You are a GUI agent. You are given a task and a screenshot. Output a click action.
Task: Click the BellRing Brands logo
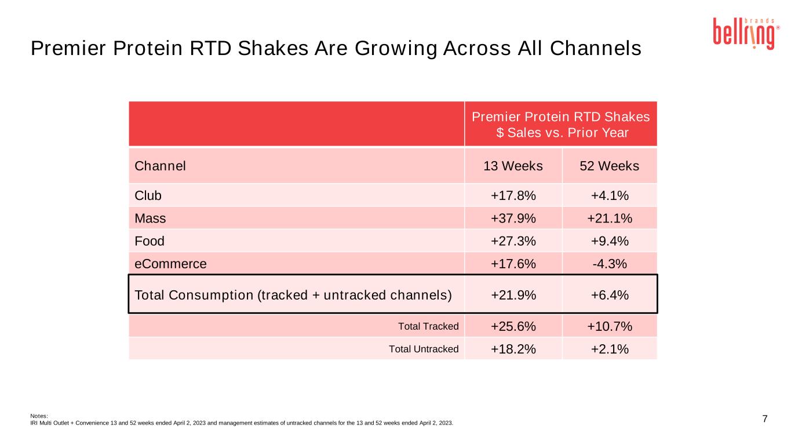746,34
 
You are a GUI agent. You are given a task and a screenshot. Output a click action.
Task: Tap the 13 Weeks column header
513,166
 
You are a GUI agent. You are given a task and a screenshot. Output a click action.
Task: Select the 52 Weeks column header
609,166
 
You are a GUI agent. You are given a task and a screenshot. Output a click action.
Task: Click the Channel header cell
160,166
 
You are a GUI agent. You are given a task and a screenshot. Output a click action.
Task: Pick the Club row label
148,196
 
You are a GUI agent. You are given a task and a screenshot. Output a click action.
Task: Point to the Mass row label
150,218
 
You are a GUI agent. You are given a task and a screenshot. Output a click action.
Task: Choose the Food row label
150,241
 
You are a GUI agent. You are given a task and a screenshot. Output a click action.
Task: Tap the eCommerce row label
170,264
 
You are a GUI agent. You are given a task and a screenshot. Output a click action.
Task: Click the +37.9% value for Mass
513,218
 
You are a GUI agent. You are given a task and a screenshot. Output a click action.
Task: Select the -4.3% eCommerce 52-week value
610,264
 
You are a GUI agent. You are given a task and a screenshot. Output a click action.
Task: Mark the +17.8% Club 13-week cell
513,196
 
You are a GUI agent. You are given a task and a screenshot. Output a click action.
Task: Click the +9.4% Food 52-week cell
610,241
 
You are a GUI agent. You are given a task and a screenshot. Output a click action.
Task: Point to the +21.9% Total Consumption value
513,296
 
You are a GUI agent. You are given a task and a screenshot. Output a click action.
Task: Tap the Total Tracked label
428,326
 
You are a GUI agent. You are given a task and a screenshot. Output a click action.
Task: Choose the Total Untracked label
424,349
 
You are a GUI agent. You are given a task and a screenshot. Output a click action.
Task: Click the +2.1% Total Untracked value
610,349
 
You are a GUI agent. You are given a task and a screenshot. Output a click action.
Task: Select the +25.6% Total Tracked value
513,326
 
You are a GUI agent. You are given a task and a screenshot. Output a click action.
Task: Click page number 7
765,419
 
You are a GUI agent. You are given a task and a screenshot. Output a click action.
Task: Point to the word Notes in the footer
39,416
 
